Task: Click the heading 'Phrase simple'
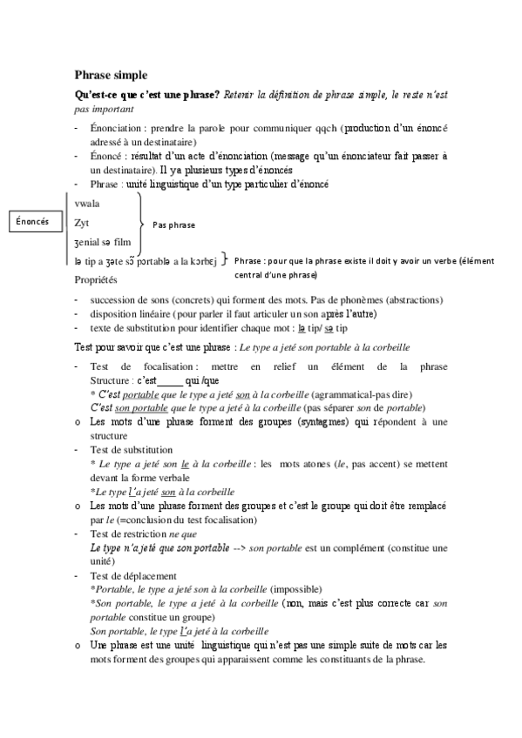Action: pyautogui.click(x=111, y=75)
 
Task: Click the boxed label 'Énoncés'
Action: pyautogui.click(x=32, y=222)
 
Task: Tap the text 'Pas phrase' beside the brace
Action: pyautogui.click(x=174, y=225)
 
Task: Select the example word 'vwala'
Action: pyautogui.click(x=88, y=203)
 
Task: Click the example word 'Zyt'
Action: pyautogui.click(x=82, y=222)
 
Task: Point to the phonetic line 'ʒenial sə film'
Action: pyautogui.click(x=103, y=241)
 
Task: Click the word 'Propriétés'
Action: pyautogui.click(x=99, y=280)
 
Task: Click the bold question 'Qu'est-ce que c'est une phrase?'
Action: pyautogui.click(x=147, y=93)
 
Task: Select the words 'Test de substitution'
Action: pyautogui.click(x=132, y=450)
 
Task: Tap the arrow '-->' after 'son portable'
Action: pyautogui.click(x=236, y=547)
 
